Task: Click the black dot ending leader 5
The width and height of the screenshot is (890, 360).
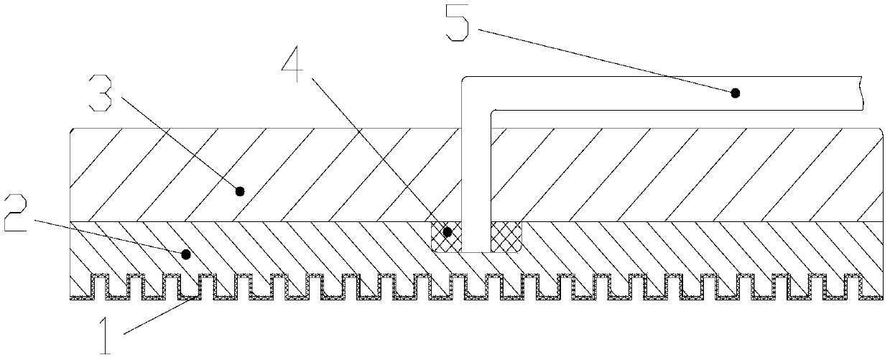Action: click(x=735, y=92)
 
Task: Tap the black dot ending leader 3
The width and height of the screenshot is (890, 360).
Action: click(x=240, y=191)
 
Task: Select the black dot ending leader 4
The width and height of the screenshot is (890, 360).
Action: click(x=448, y=232)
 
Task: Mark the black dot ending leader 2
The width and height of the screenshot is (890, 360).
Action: click(x=186, y=254)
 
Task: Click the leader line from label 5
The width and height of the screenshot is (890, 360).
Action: click(x=603, y=60)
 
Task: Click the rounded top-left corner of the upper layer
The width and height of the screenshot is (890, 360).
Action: click(x=71, y=131)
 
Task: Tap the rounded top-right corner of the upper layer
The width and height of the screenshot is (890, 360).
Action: click(x=881, y=131)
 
